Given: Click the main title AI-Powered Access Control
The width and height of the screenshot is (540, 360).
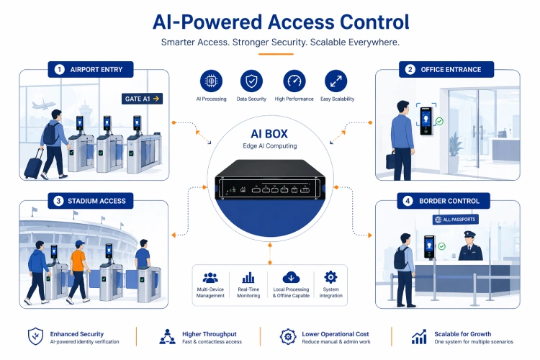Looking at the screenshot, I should coord(270,21).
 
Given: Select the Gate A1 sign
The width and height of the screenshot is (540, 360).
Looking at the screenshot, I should coord(141,99).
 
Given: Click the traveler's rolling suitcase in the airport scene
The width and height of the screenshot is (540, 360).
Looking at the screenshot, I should coord(33,165).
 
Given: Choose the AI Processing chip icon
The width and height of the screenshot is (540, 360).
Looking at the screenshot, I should coord(211,81).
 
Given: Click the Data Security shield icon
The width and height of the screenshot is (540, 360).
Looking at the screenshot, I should coord(251,81).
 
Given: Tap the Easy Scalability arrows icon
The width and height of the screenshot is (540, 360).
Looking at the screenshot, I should coord(335,81).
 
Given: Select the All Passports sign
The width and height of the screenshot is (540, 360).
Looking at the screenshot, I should coord(454,219).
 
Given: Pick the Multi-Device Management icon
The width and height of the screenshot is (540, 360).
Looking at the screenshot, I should coord(210,277).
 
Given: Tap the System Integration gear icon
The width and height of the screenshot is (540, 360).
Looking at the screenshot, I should coord(330,277).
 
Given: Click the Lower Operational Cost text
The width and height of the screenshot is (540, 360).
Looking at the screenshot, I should coord(336,334).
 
